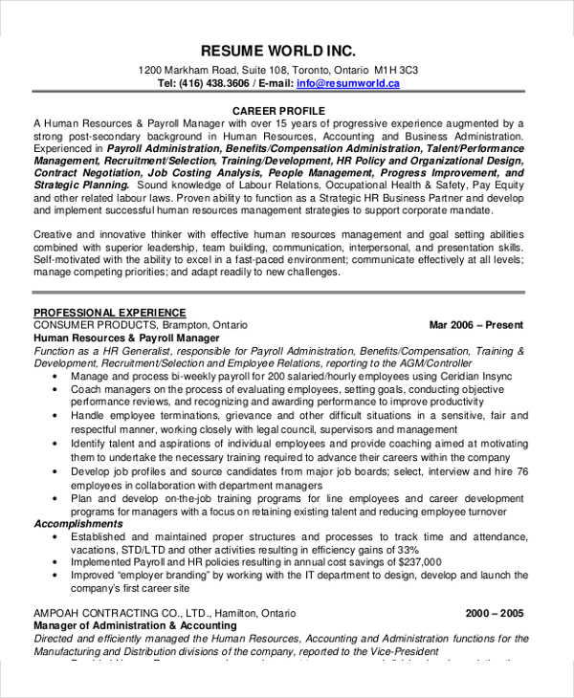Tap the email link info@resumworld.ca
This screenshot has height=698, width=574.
point(348,84)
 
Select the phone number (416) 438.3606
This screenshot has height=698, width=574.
point(216,84)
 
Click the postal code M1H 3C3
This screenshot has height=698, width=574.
point(396,71)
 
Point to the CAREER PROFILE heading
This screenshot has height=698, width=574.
point(278,112)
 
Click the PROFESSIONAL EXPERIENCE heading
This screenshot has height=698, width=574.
point(109,313)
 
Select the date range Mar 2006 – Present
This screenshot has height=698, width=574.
point(476,325)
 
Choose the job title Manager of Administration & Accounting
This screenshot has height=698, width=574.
point(135,625)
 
